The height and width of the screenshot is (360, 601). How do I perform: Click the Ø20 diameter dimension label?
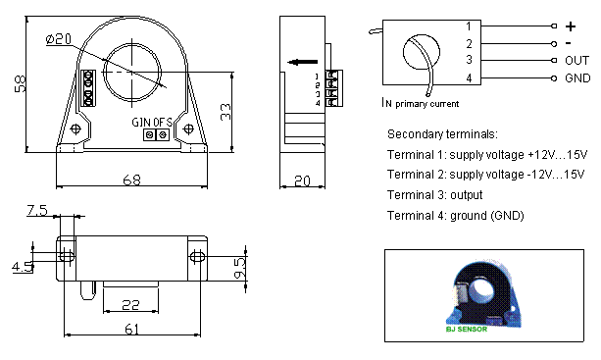click(58, 39)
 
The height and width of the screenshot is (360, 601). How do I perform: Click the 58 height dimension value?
click(21, 83)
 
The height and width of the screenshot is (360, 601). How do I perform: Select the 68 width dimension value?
click(131, 180)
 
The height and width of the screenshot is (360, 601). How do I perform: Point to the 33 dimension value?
click(225, 112)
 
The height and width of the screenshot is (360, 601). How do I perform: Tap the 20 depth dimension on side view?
click(302, 180)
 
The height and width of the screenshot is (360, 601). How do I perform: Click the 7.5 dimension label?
click(37, 210)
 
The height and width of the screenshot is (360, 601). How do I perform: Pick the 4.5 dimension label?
click(23, 267)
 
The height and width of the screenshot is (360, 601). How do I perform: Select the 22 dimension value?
click(130, 305)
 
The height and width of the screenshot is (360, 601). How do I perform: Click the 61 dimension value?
click(131, 329)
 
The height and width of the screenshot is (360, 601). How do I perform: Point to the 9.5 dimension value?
click(239, 268)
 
